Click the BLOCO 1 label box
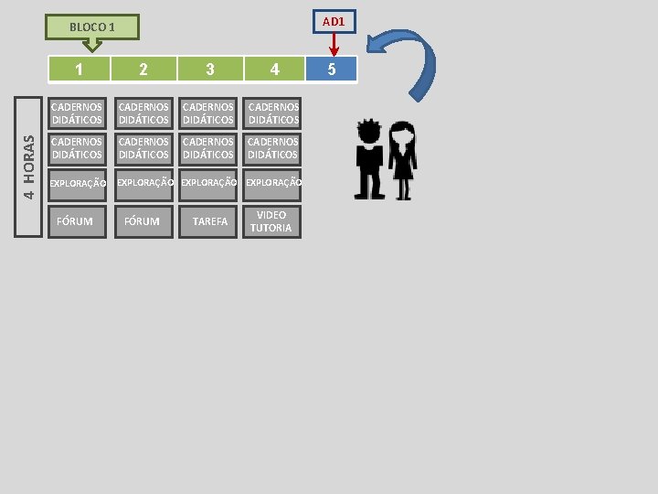pos(92,27)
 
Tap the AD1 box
pos(334,21)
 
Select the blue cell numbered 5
pos(332,69)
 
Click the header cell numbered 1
pos(80,69)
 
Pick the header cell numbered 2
pos(143,69)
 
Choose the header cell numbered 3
pos(210,69)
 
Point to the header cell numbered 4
pos(274,69)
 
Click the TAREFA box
pos(210,221)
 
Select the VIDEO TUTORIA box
pos(271,221)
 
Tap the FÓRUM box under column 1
pos(75,221)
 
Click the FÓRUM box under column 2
pos(142,221)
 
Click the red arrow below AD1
pos(334,44)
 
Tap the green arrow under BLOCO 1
pos(91,45)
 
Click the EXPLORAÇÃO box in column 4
pos(273,183)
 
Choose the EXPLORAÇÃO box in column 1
pos(77,183)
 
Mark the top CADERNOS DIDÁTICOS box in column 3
pos(209,113)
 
